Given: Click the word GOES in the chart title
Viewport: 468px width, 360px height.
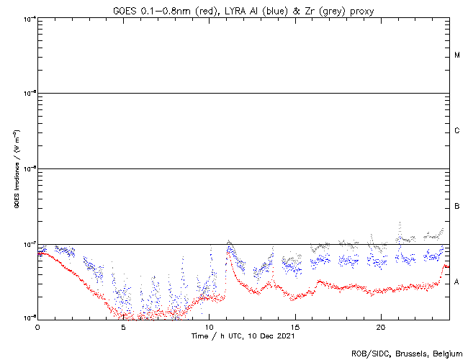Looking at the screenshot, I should (124, 10).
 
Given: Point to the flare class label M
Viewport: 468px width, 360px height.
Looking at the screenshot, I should (457, 55).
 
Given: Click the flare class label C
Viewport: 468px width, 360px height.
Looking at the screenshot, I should (457, 131).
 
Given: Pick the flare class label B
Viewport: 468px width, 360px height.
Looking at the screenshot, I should (457, 207).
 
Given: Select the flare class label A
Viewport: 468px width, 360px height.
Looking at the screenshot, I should (457, 282).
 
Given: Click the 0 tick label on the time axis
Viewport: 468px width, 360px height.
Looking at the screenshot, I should (37, 326).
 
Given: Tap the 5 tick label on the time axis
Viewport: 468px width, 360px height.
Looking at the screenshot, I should (123, 326).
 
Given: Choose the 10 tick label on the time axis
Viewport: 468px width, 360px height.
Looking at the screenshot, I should (209, 326).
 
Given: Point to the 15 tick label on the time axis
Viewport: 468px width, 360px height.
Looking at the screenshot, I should (294, 326).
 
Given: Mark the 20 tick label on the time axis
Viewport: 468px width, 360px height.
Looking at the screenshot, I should (380, 326).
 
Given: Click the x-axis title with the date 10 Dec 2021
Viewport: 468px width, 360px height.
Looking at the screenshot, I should (243, 336).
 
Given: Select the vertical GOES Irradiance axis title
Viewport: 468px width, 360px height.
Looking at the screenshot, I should (16, 168).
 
